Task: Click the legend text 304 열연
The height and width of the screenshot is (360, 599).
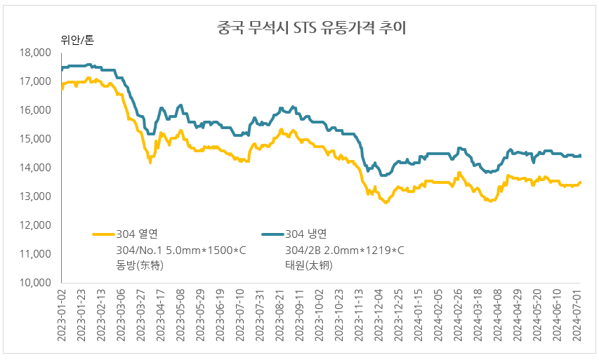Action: (138, 234)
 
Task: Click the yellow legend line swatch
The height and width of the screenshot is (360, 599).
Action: (103, 234)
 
